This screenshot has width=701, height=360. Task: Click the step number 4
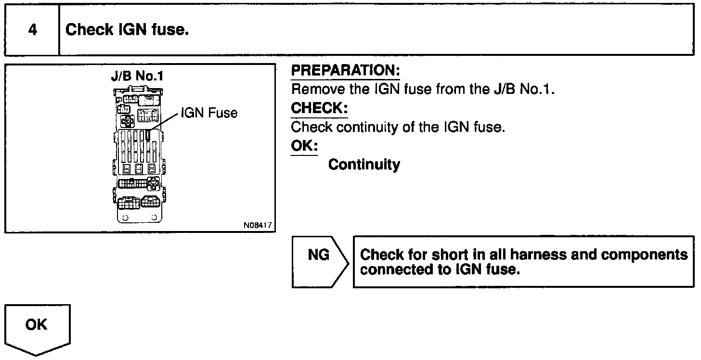point(32,30)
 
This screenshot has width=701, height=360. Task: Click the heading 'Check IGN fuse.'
point(127,30)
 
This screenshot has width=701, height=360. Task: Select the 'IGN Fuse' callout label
point(209,113)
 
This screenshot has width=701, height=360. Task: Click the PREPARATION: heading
point(345,71)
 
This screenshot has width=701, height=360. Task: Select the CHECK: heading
point(319,108)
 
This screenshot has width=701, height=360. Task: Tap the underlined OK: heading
point(304,146)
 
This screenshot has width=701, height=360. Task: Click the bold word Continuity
point(364,165)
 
